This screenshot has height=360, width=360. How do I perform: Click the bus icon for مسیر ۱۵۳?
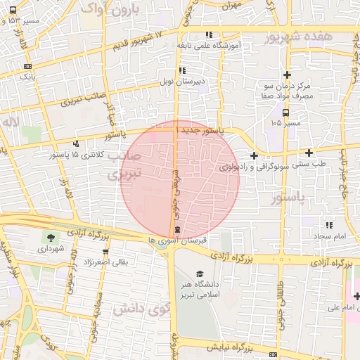click(x=13, y=11)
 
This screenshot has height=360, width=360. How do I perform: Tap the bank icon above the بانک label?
click(x=27, y=65)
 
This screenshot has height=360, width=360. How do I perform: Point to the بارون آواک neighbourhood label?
click(x=111, y=10)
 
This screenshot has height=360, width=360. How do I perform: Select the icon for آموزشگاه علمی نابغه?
click(x=208, y=35)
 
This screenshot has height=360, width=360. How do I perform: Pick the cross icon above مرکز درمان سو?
click(x=287, y=75)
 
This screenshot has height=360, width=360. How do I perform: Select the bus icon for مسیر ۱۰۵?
click(x=285, y=112)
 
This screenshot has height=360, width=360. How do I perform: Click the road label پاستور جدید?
click(x=204, y=131)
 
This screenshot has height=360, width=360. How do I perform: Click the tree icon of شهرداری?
click(x=50, y=237)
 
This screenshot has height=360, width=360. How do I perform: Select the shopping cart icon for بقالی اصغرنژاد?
click(x=86, y=251)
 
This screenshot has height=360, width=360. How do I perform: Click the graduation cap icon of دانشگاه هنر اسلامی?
click(x=200, y=274)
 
